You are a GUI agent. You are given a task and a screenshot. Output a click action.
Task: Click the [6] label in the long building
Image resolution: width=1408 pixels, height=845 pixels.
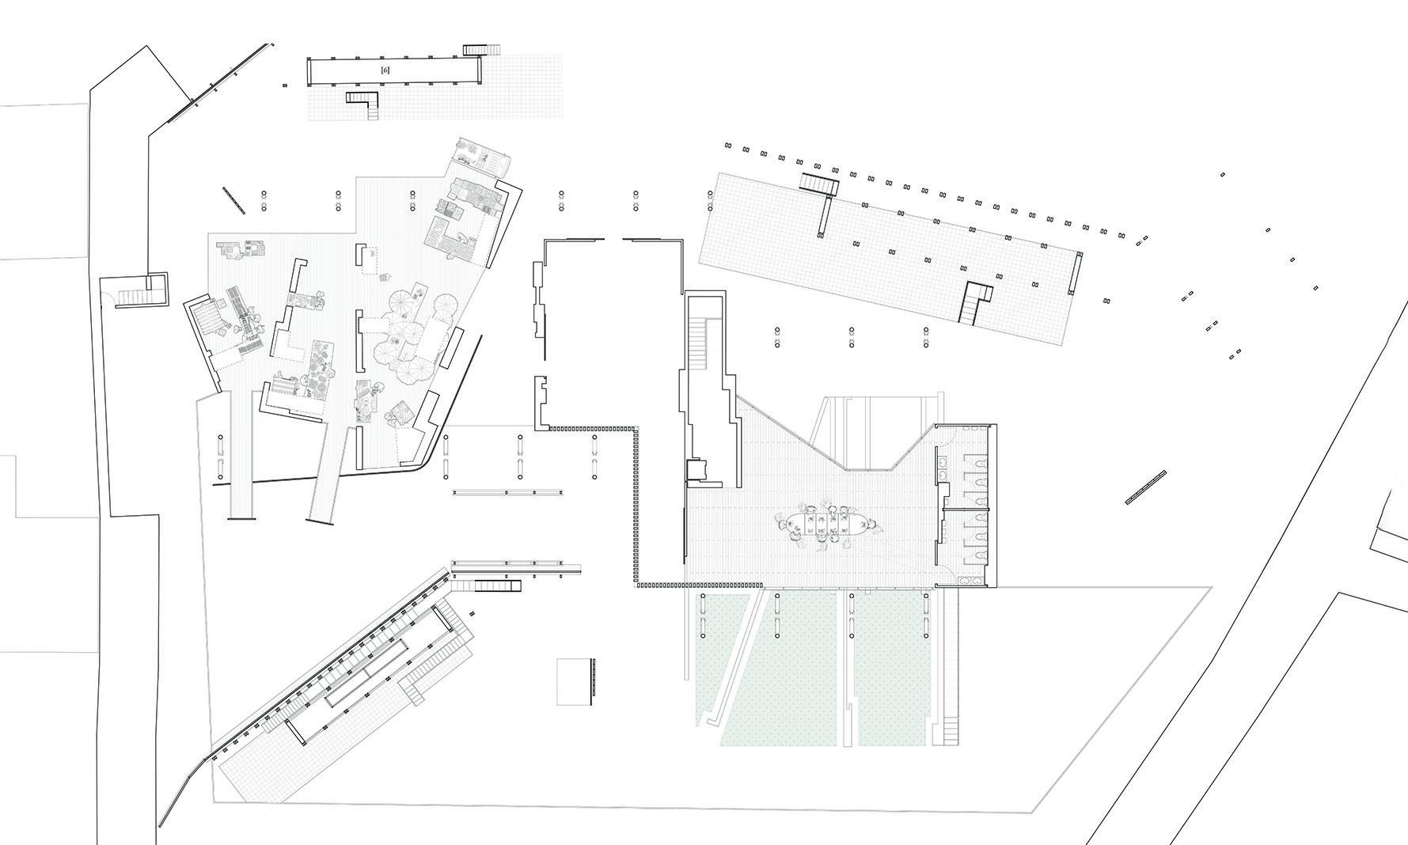385,71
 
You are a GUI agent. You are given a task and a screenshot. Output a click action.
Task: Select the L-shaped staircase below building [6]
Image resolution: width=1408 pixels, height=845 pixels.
366,101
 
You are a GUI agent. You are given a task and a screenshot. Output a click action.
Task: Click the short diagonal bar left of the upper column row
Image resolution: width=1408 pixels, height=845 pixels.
234,199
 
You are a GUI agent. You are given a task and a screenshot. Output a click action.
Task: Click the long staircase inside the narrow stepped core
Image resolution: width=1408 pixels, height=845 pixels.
697,344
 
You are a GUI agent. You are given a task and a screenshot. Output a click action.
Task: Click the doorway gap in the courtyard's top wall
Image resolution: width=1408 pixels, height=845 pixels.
613,238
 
